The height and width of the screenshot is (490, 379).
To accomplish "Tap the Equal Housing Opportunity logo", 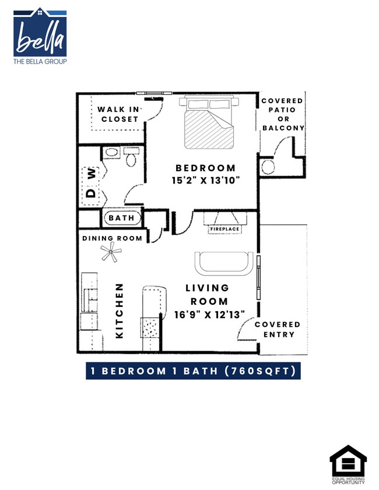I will [348, 464].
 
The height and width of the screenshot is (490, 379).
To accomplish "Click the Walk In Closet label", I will [118, 114].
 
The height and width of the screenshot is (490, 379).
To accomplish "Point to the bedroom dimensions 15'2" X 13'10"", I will [206, 181].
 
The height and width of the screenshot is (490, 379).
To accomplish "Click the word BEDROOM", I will [206, 168].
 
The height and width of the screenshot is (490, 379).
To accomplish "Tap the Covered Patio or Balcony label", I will [283, 114].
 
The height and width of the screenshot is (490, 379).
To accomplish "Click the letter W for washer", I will [92, 173].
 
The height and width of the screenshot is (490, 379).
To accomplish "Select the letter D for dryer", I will [92, 193].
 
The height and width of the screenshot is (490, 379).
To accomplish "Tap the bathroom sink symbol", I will [111, 153].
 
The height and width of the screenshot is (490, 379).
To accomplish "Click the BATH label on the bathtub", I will [121, 218].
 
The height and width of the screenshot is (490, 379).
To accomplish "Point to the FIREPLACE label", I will [224, 229].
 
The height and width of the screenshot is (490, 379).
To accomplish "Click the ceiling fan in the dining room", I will [110, 252].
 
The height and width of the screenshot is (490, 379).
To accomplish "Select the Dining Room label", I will [112, 238].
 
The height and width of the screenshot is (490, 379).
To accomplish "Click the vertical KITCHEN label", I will [120, 311].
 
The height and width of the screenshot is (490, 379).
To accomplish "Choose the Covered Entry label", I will [278, 329].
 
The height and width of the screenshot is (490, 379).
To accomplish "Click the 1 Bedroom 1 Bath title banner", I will [193, 371].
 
